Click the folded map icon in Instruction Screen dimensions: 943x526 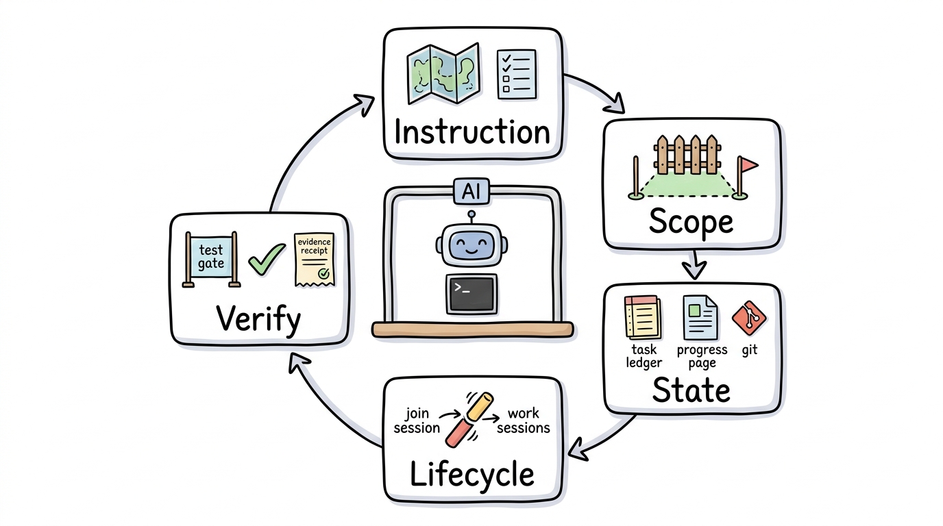coord(443,73)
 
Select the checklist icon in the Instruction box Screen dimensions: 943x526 coord(517,74)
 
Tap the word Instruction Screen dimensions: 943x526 coord(472,132)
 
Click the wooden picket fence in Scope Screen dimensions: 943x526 coord(687,154)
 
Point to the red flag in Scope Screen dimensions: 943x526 coord(746,177)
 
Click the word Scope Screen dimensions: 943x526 coord(691,222)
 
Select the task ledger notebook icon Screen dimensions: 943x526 coord(642,317)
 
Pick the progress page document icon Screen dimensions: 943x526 coord(700,317)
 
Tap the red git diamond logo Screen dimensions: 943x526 coord(749,318)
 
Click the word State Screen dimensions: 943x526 coord(691,390)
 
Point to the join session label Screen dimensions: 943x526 coord(417,421)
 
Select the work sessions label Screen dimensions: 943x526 coord(524,421)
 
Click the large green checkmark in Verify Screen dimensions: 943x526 coord(267,259)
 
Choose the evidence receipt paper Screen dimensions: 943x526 coord(315,260)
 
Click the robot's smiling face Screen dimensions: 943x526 coord(472,245)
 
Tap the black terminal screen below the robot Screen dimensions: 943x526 coord(472,294)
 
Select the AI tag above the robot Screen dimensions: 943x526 coord(472,192)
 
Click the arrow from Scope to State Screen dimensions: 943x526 coord(694,264)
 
